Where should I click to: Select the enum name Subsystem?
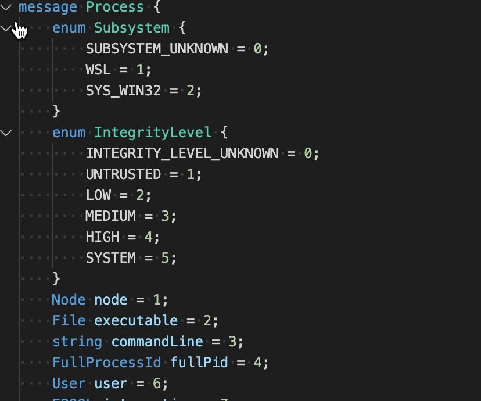[132, 28]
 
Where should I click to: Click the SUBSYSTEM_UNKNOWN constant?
[157, 49]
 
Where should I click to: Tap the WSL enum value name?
[98, 70]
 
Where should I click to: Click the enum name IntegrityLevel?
[153, 133]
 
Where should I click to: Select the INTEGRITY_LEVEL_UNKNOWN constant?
[182, 153]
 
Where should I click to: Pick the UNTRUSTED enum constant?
[123, 174]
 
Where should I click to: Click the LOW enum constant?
[98, 195]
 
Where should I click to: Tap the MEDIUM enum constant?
[110, 216]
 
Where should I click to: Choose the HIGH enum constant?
[102, 237]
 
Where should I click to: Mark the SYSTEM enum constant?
[110, 258]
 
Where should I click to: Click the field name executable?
[136, 321]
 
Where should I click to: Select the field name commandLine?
[157, 342]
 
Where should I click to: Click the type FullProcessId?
[106, 363]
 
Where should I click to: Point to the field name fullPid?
[199, 363]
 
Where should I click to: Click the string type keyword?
[77, 342]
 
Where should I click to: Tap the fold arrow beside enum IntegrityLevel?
[6, 133]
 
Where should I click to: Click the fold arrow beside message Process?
[6, 8]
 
